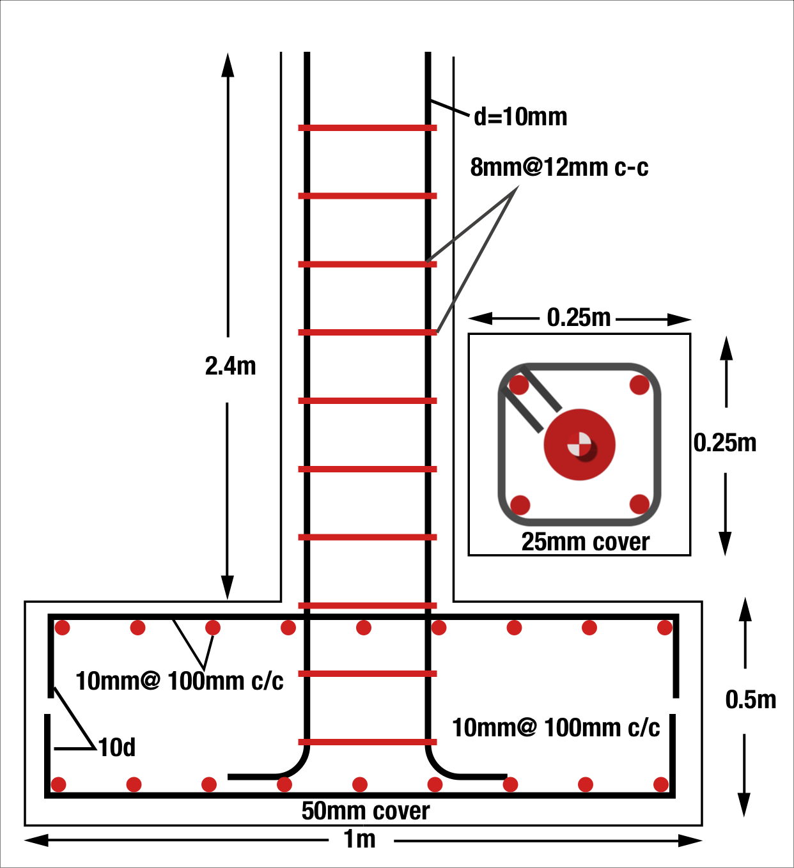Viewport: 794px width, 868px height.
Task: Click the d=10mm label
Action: tap(520, 117)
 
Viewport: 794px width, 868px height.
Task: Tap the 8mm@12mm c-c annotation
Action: tap(559, 167)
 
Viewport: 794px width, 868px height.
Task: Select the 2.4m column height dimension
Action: tap(230, 366)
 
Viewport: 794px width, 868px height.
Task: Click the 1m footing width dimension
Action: tap(360, 839)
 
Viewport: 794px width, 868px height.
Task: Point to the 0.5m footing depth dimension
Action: tap(751, 700)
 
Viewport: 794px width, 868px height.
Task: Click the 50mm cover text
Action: tap(366, 811)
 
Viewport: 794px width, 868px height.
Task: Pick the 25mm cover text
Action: tap(585, 542)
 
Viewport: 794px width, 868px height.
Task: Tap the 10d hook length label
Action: tap(117, 747)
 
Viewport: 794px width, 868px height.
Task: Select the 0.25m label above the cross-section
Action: tap(579, 318)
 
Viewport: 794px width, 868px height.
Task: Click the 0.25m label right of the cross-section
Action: tap(725, 443)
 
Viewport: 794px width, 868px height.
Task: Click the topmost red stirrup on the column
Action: tap(368, 128)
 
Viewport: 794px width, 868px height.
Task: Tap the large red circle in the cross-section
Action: tap(579, 445)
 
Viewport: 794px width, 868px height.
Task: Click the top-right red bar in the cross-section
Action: tap(639, 385)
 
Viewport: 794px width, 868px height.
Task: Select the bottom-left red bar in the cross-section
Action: tap(520, 504)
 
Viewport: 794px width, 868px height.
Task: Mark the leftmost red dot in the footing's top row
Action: tap(62, 628)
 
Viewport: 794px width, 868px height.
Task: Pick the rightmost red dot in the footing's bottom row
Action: tap(661, 784)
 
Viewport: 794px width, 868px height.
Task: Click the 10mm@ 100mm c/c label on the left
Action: tap(180, 681)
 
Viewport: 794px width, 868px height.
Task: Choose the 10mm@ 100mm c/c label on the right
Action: tap(556, 728)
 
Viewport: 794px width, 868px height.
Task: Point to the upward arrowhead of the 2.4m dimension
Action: tap(228, 64)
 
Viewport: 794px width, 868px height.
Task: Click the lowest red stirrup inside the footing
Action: tap(368, 742)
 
